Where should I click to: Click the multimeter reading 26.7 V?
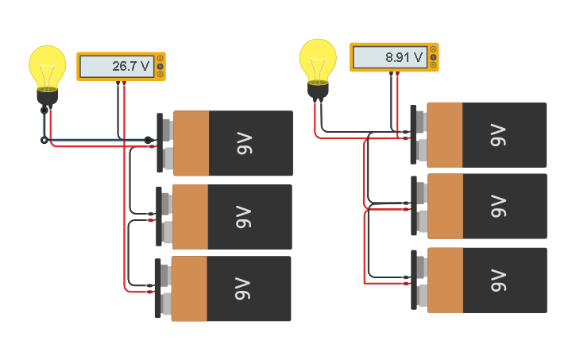click(x=121, y=66)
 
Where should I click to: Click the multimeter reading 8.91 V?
click(x=393, y=57)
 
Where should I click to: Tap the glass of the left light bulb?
click(x=48, y=66)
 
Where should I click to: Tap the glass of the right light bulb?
click(x=318, y=58)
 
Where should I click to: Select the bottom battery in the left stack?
click(x=230, y=288)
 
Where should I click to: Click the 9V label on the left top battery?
click(x=243, y=144)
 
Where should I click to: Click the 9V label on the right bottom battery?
click(x=498, y=281)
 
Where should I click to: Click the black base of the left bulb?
click(x=48, y=98)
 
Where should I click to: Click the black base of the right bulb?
click(x=319, y=90)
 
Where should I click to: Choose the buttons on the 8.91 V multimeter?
click(x=433, y=57)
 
